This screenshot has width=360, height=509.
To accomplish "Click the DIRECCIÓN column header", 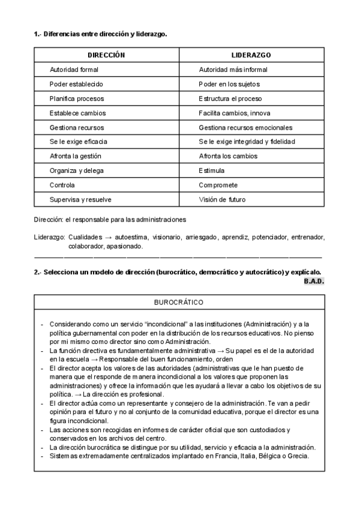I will coord(106,55).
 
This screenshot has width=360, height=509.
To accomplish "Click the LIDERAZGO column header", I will coord(251,55).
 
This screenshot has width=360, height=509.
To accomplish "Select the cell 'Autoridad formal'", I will coord(74,70).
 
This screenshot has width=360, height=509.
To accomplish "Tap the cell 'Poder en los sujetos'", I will coord(229,84).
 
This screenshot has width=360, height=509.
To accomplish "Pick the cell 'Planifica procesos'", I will coord(77,98).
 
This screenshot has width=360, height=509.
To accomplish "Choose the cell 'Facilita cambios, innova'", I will coord(235,113).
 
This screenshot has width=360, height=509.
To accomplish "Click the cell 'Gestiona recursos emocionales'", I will coord(245,127).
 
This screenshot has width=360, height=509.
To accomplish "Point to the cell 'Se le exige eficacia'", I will coord(79,142).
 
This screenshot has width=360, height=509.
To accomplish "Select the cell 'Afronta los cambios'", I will coord(228,156).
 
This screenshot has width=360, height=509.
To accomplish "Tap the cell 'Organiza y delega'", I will coord(76,170).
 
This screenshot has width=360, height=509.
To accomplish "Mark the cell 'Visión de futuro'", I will coord(222,199).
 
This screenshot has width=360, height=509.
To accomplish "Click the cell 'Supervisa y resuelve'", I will coord(80,199).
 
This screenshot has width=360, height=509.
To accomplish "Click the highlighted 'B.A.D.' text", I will coord(314,281).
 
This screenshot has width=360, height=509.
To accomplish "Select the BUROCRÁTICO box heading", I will coord(179,302).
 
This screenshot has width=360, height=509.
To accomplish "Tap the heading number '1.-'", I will coord(37,34).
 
